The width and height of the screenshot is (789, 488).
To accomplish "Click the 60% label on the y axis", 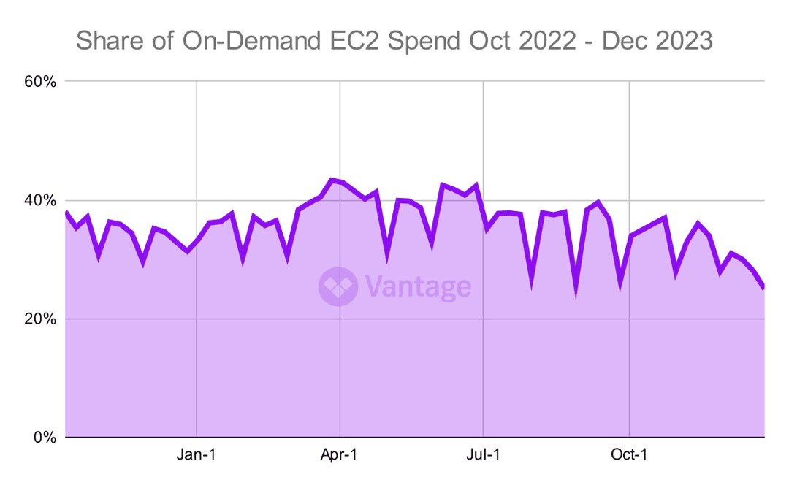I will click(40, 81).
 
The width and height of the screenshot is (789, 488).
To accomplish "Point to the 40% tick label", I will click(40, 200).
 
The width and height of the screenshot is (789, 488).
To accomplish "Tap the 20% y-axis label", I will click(40, 319).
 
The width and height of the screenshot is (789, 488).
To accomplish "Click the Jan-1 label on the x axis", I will click(197, 454).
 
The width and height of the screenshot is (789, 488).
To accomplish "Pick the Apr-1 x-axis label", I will click(340, 454).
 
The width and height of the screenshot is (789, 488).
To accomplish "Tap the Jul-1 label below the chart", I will click(483, 454).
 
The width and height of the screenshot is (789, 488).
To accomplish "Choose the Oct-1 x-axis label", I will click(629, 454).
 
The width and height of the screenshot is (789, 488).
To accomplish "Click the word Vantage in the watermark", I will click(417, 286).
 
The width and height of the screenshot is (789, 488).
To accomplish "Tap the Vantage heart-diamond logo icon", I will click(338, 286).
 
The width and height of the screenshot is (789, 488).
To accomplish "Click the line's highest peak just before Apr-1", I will click(332, 179).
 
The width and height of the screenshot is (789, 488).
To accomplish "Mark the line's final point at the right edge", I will click(763, 287).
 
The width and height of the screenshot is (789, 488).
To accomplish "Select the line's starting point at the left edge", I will click(66, 213).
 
